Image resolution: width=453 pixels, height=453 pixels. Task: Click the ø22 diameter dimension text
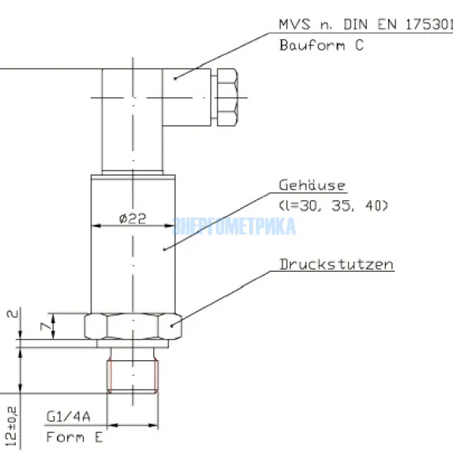tap(132, 219)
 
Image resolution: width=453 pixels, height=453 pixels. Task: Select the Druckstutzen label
tap(336, 265)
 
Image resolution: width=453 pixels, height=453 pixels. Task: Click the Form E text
tap(74, 436)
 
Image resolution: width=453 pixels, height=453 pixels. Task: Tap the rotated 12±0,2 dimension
tap(10, 424)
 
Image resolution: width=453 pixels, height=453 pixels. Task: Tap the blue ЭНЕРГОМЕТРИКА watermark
tap(235, 226)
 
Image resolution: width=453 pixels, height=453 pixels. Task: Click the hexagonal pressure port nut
tap(134, 326)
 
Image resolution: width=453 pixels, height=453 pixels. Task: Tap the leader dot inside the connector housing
tap(174, 77)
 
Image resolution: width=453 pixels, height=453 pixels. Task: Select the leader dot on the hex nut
tap(173, 326)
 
